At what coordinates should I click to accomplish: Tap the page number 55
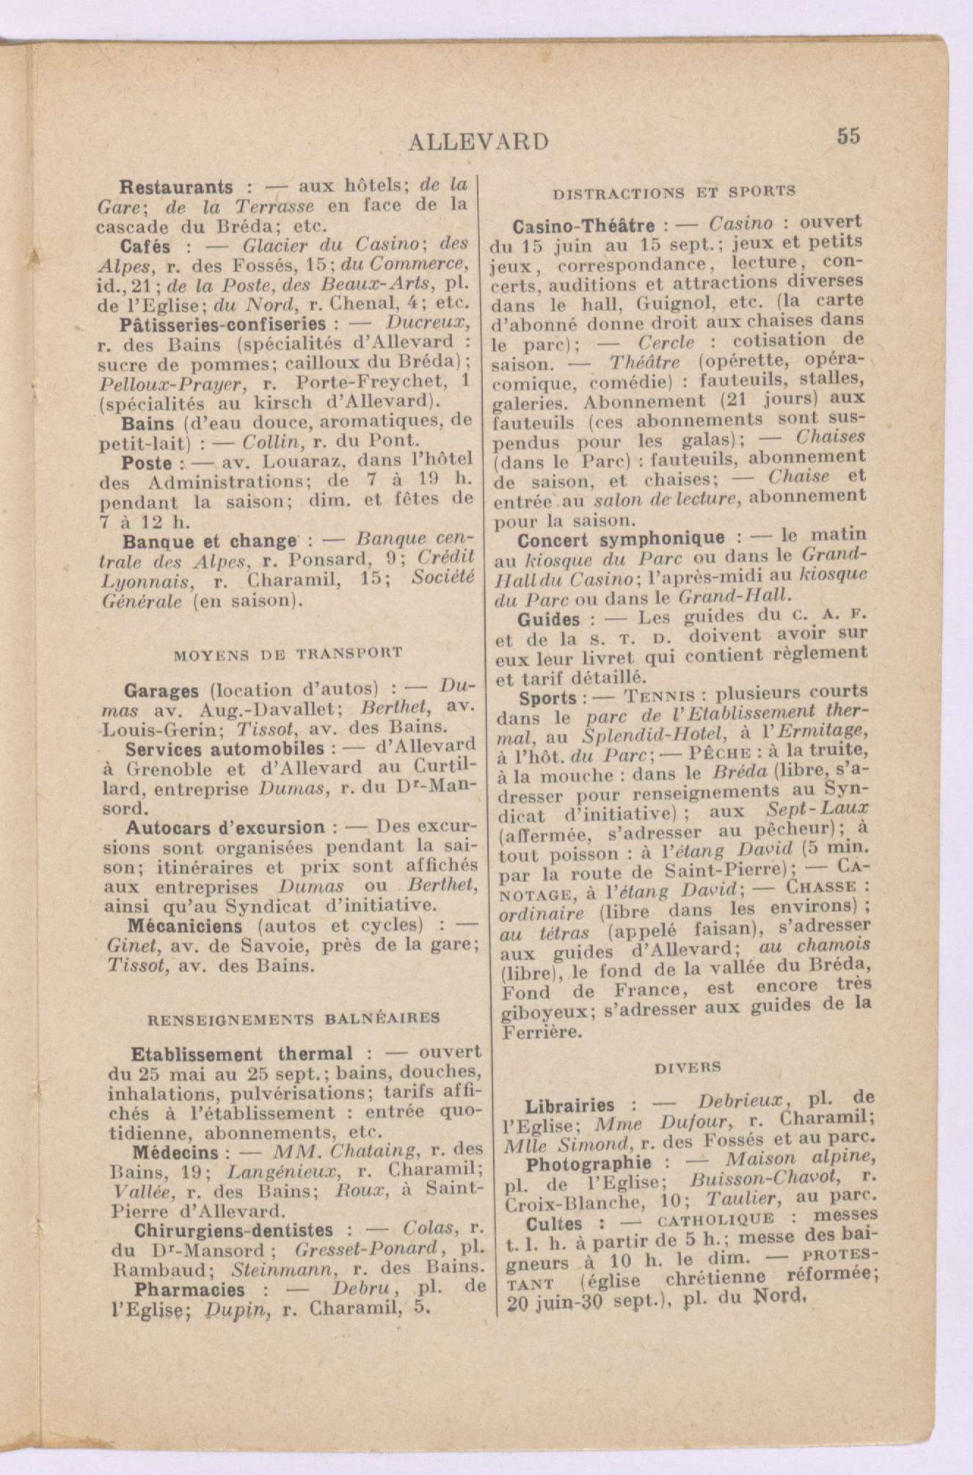pyautogui.click(x=846, y=136)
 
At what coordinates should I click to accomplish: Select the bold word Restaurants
pyautogui.click(x=176, y=187)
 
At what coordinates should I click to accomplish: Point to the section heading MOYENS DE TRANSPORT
pyautogui.click(x=287, y=652)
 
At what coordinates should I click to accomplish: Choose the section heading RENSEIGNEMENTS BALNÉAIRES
pyautogui.click(x=294, y=1018)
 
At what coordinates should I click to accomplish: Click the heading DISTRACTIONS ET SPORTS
pyautogui.click(x=674, y=192)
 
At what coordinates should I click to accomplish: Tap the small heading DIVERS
pyautogui.click(x=677, y=1066)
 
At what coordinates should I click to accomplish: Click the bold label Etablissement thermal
pyautogui.click(x=242, y=1054)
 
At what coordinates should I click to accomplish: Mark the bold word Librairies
pyautogui.click(x=570, y=1105)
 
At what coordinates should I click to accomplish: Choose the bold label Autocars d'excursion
pyautogui.click(x=225, y=828)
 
